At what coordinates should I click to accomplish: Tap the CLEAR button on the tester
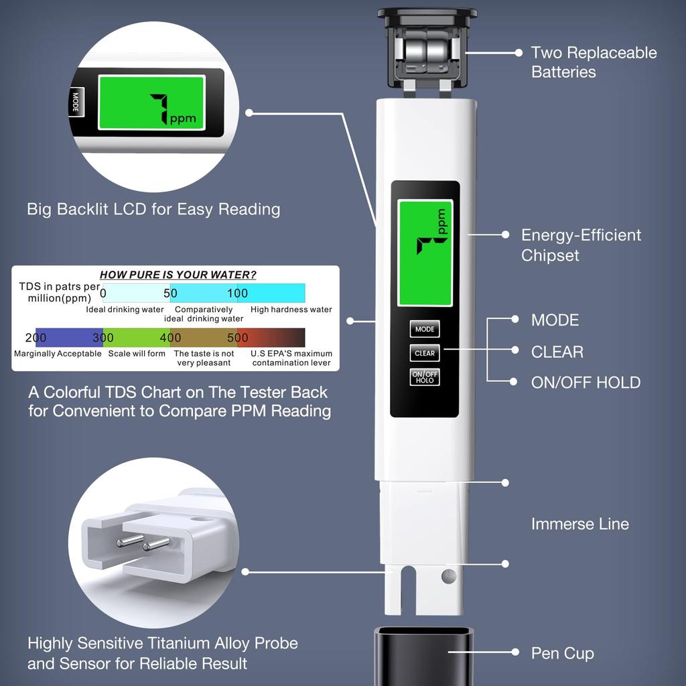tap(425, 353)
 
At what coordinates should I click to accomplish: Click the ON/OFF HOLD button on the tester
tap(425, 377)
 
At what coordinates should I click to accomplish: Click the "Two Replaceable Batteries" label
tap(594, 62)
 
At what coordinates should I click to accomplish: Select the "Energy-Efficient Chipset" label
tap(581, 245)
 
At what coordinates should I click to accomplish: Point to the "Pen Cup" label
tap(562, 653)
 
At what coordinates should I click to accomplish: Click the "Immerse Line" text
tap(579, 524)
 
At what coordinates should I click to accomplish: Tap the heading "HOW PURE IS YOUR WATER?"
tap(178, 275)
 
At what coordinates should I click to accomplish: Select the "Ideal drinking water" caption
tap(125, 310)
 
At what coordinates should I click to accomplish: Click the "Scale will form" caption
tap(137, 353)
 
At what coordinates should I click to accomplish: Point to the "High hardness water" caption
tap(291, 310)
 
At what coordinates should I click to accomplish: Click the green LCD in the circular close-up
tap(151, 102)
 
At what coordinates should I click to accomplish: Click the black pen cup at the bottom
tap(423, 656)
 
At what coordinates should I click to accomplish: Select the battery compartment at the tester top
tap(427, 50)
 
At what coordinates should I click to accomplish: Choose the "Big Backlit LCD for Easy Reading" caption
tap(153, 209)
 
